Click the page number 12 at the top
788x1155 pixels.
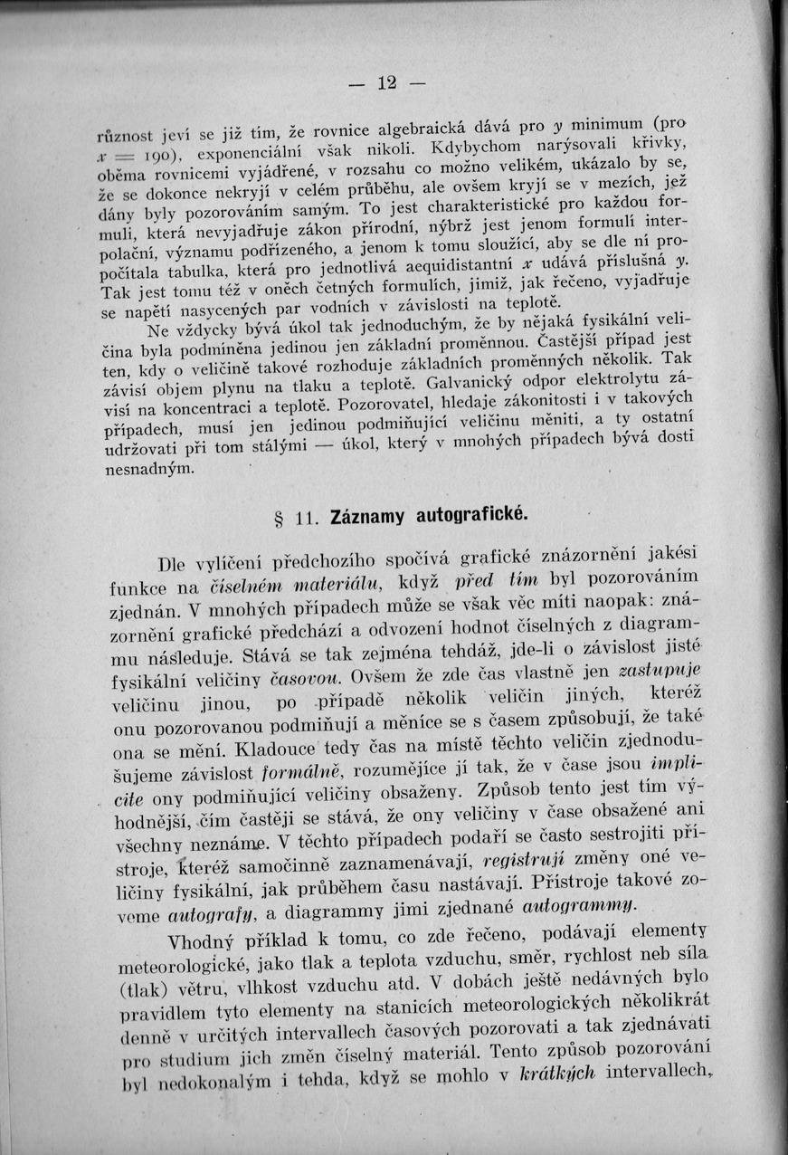pos(387,83)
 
